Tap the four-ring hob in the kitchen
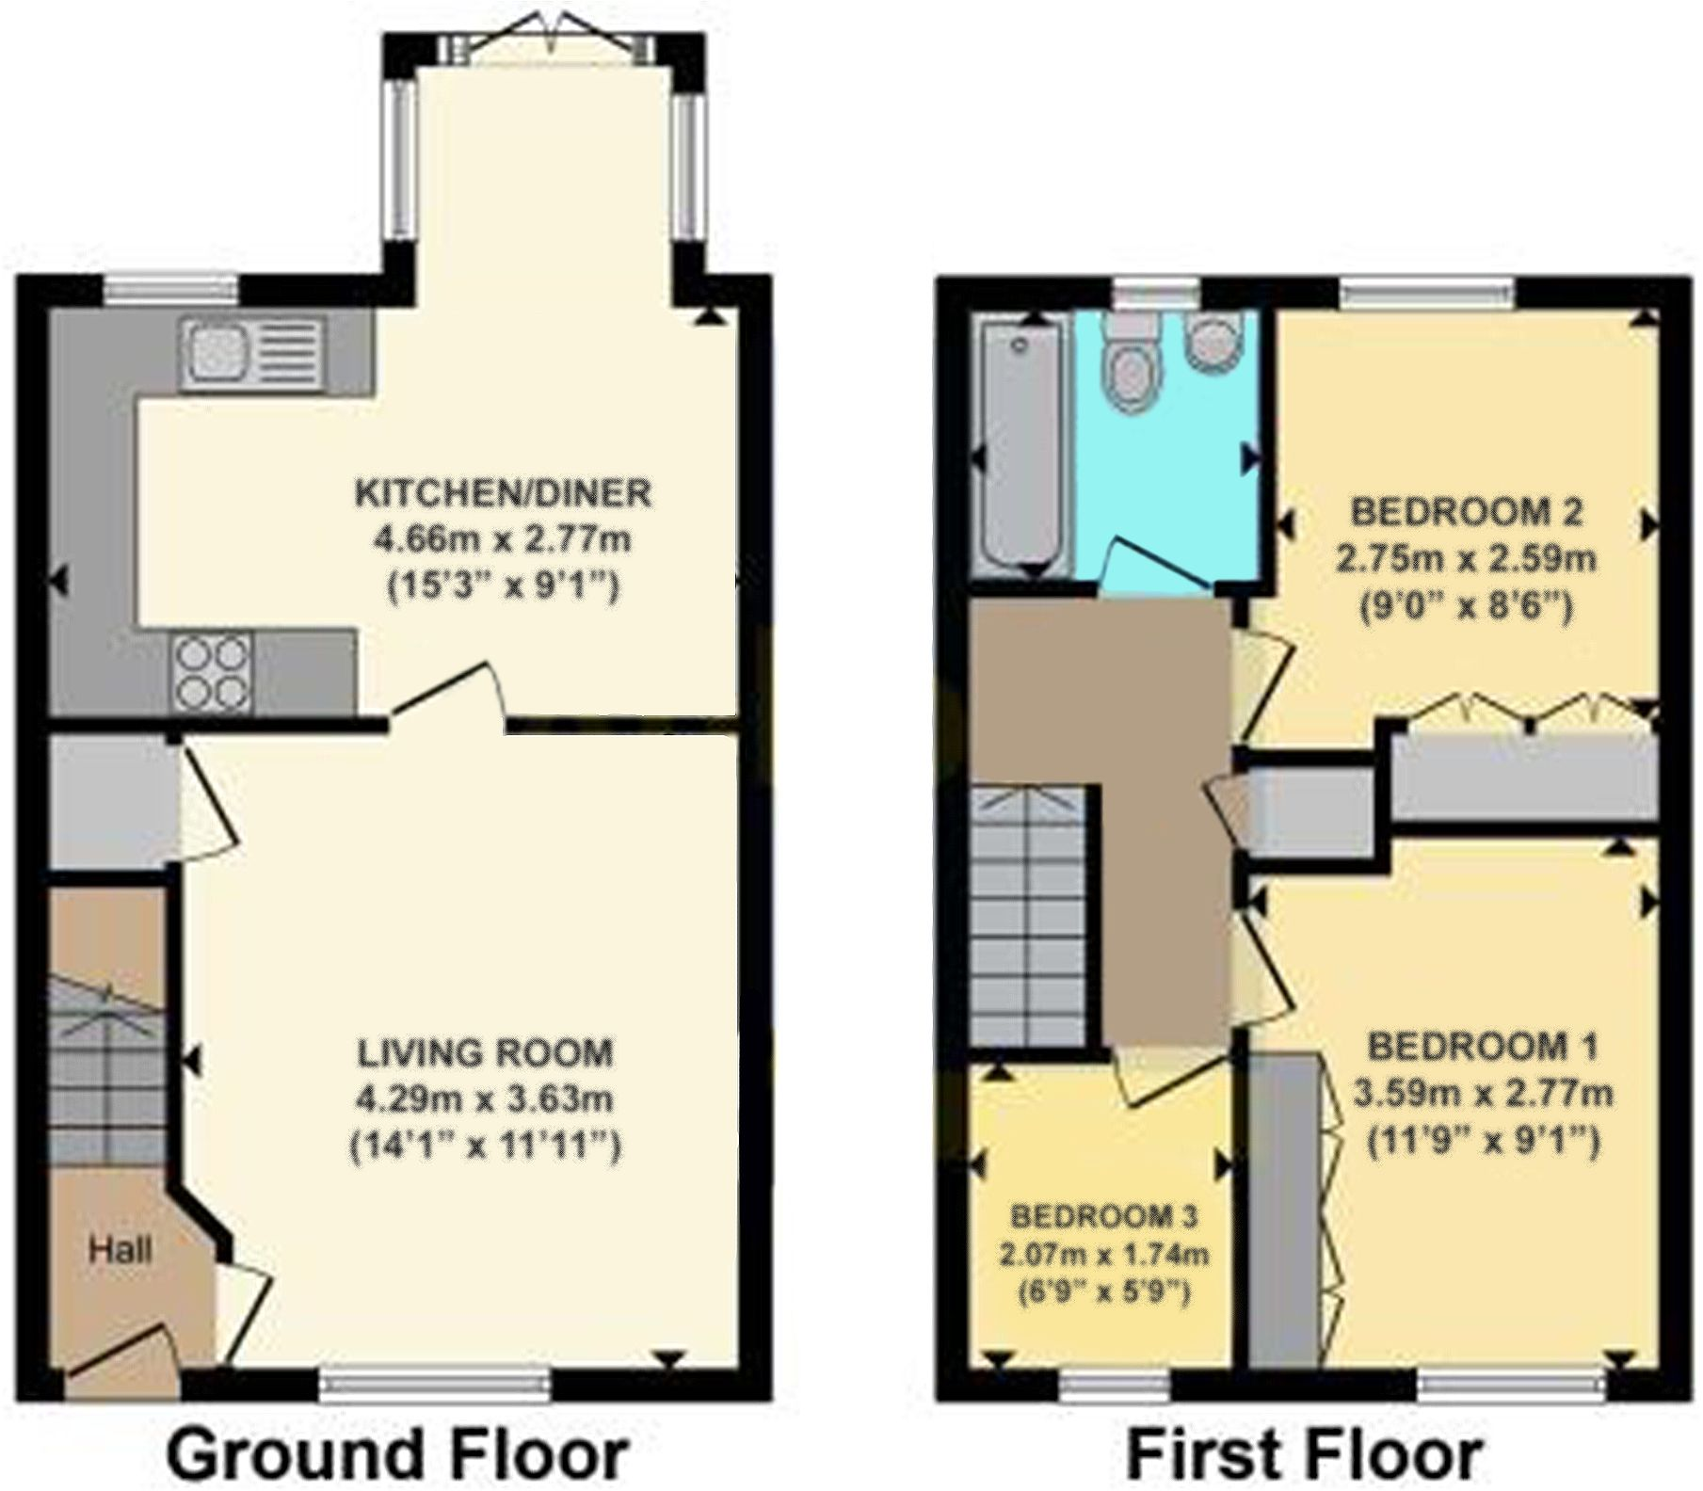[211, 671]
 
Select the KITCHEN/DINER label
[503, 492]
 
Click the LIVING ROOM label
[485, 1051]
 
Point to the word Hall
[120, 1250]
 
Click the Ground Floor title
[397, 1453]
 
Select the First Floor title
[1305, 1453]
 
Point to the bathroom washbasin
[1215, 342]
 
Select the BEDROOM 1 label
[1482, 1046]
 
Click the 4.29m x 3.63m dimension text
[485, 1098]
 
